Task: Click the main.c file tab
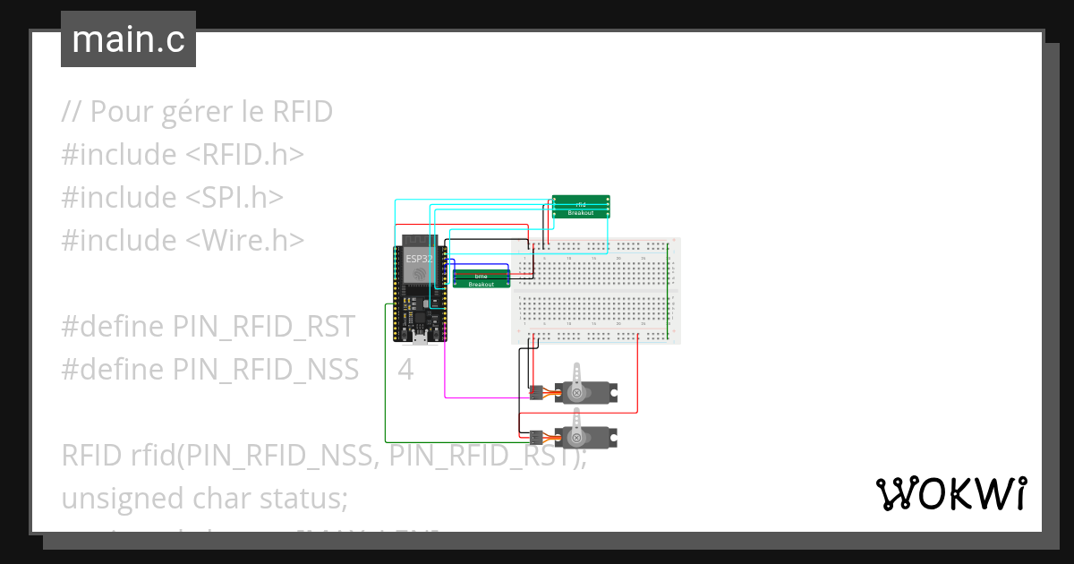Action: (x=128, y=39)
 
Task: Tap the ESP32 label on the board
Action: (x=419, y=259)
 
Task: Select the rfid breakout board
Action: (x=581, y=207)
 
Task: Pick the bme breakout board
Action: (x=481, y=278)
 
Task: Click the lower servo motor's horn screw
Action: (x=578, y=438)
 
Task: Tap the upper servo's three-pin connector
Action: (x=535, y=392)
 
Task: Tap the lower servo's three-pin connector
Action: (x=535, y=438)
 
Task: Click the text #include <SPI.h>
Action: (x=173, y=197)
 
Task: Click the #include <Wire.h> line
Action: (x=183, y=240)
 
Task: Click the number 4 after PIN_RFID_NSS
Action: (x=405, y=369)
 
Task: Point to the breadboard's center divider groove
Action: (x=595, y=291)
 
